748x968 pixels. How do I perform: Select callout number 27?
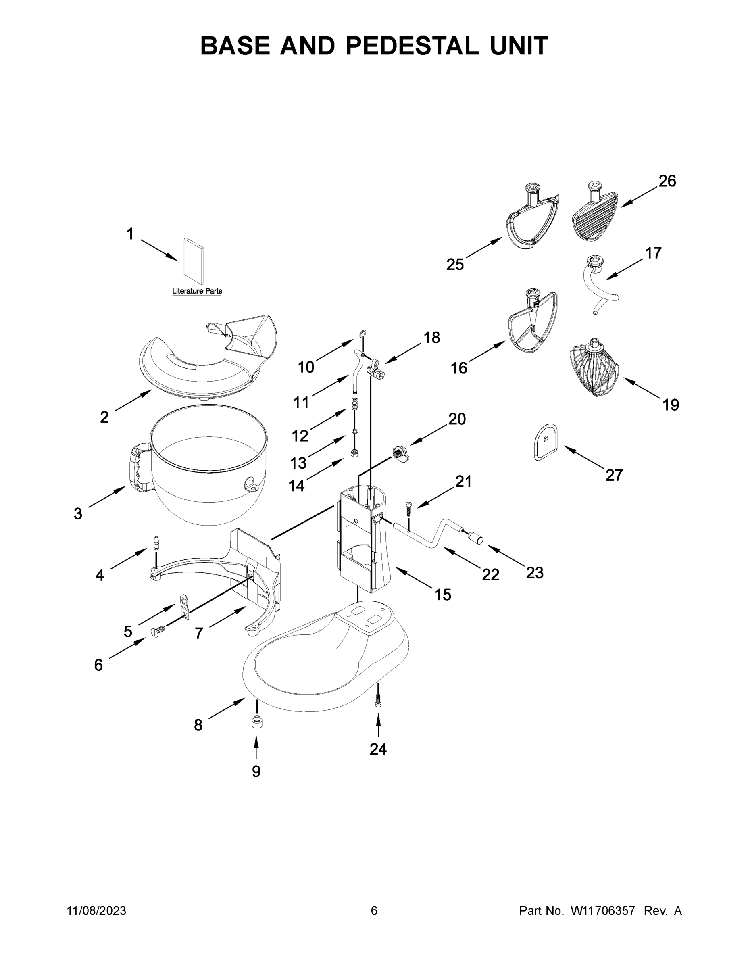pos(614,475)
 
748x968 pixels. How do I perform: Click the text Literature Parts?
pos(197,291)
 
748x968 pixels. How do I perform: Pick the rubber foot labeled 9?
pos(256,723)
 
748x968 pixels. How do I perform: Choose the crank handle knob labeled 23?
pos(477,538)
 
